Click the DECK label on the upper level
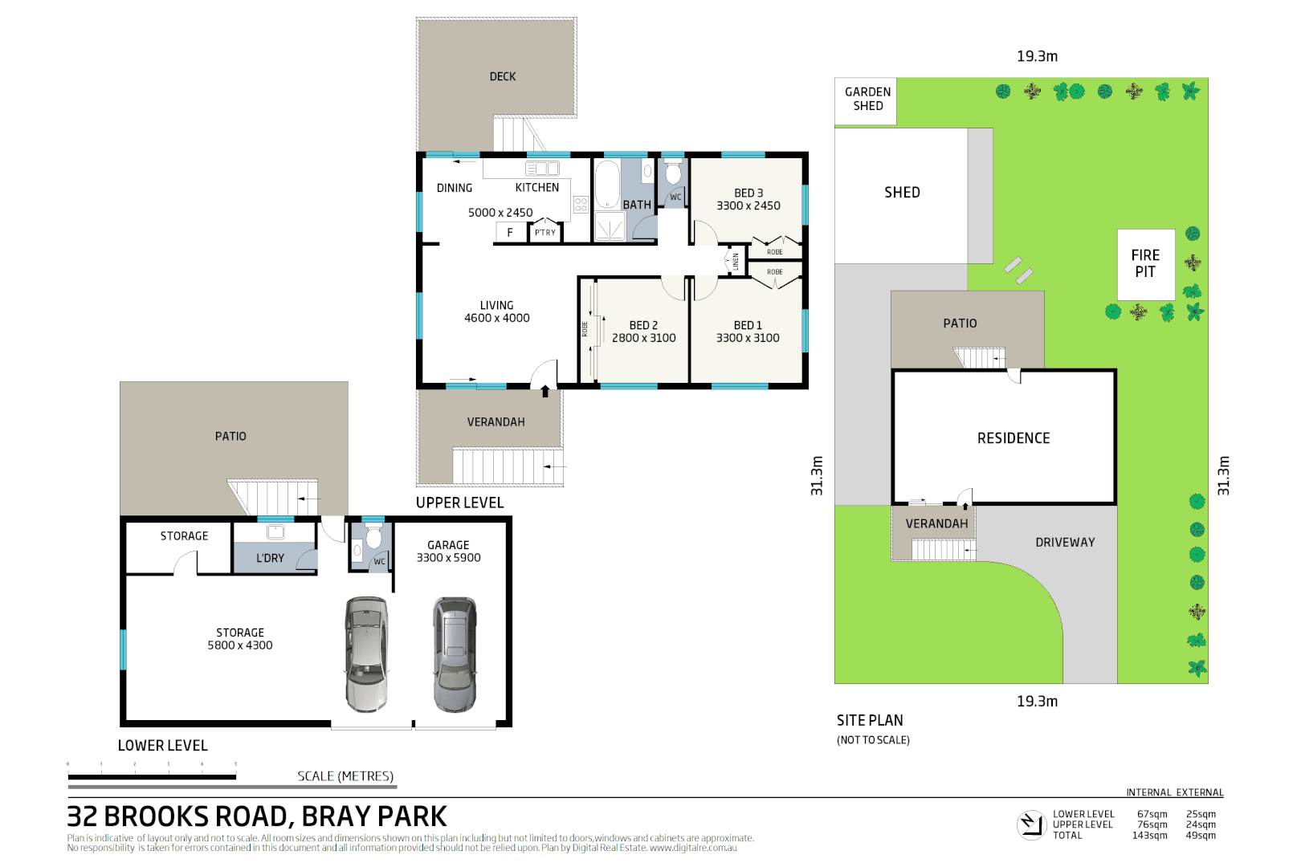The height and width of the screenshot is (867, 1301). pyautogui.click(x=503, y=77)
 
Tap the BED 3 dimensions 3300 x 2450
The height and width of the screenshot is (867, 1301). pyautogui.click(x=748, y=206)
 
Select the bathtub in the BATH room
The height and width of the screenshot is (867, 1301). pyautogui.click(x=607, y=185)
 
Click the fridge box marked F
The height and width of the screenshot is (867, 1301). pyautogui.click(x=509, y=233)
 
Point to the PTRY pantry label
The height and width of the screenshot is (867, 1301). pyautogui.click(x=545, y=233)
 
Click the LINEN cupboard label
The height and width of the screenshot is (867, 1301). pyautogui.click(x=736, y=261)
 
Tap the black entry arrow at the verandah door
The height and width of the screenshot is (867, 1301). pyautogui.click(x=545, y=392)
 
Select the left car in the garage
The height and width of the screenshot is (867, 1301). pyautogui.click(x=366, y=654)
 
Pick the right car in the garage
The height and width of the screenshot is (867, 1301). pyautogui.click(x=455, y=654)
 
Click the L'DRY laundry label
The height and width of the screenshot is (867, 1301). pyautogui.click(x=270, y=558)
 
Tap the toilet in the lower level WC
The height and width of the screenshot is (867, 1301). pyautogui.click(x=373, y=538)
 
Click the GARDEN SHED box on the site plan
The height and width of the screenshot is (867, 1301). pyautogui.click(x=867, y=100)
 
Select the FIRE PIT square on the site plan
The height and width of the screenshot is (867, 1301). pyautogui.click(x=1145, y=264)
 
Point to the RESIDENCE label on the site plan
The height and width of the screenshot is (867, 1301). pyautogui.click(x=1013, y=438)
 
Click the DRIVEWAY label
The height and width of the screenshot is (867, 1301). pyautogui.click(x=1065, y=543)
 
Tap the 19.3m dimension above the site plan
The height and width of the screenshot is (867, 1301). pyautogui.click(x=1037, y=57)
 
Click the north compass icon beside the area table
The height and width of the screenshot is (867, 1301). pyautogui.click(x=1030, y=824)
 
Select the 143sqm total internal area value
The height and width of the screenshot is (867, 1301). pyautogui.click(x=1149, y=836)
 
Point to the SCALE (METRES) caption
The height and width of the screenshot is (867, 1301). pyautogui.click(x=345, y=776)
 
